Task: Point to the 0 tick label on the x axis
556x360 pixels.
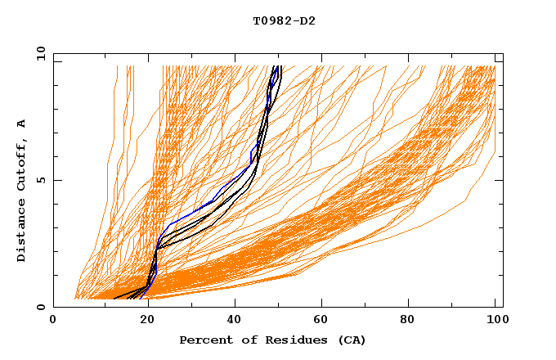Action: pyautogui.click(x=54, y=322)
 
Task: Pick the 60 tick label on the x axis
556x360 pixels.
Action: pyautogui.click(x=324, y=322)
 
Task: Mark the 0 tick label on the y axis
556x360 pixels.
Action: pyautogui.click(x=41, y=307)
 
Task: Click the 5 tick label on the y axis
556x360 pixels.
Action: pyautogui.click(x=41, y=180)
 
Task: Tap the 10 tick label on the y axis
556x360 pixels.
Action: pyautogui.click(x=39, y=53)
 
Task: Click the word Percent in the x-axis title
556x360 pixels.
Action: pyautogui.click(x=204, y=340)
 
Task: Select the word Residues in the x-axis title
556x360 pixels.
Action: pyautogui.click(x=289, y=340)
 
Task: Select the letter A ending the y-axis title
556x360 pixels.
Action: pyautogui.click(x=22, y=123)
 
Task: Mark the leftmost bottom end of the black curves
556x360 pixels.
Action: pyautogui.click(x=115, y=298)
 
